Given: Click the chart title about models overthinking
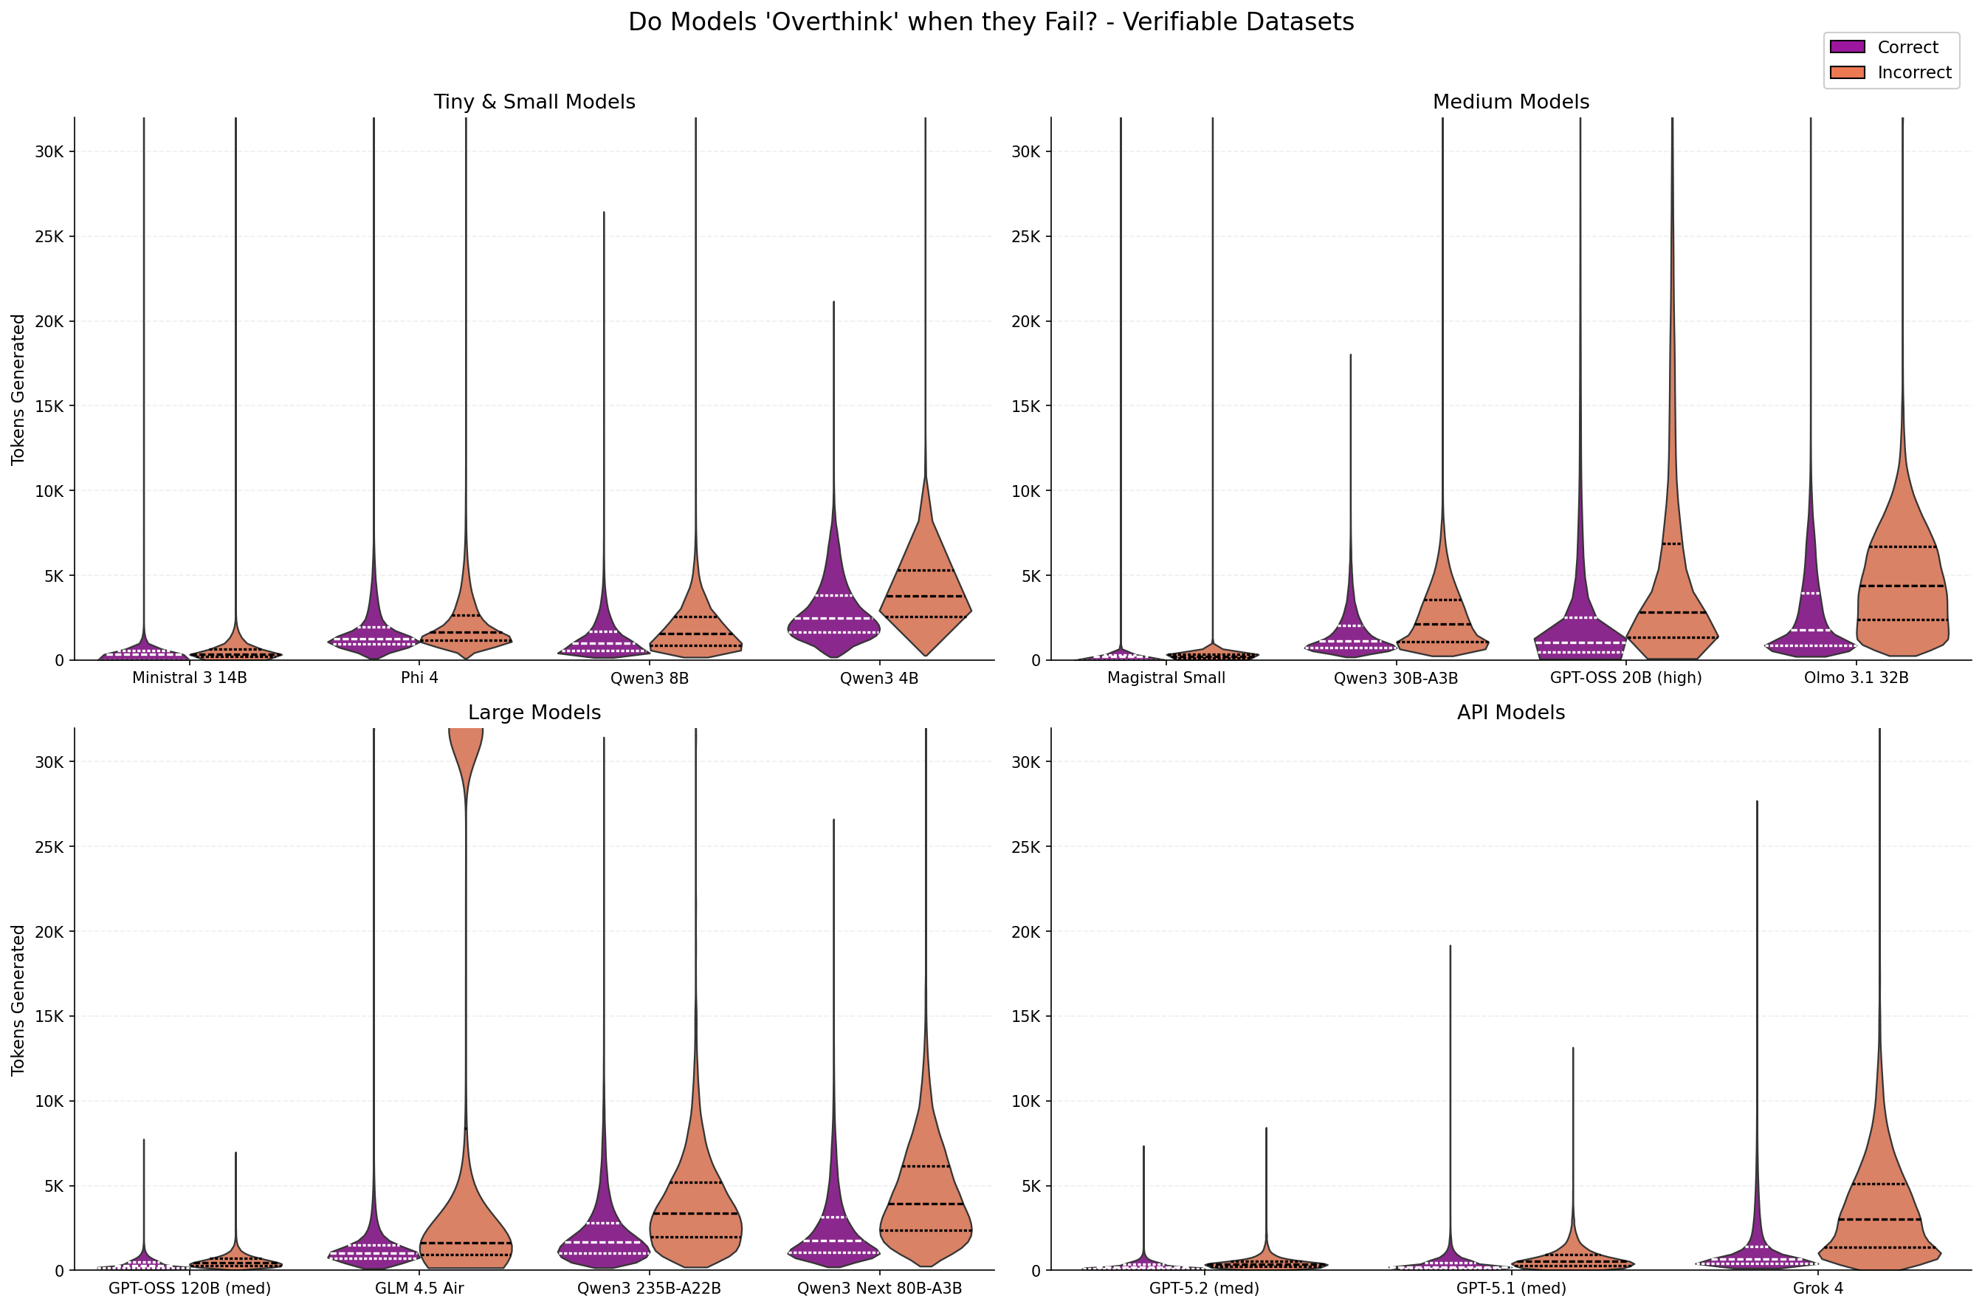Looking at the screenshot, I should coord(991,21).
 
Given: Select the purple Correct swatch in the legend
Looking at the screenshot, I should coord(1847,47).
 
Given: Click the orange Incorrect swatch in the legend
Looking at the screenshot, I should coord(1847,72).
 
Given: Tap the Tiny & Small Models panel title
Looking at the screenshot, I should coord(534,102).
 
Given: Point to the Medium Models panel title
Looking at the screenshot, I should coord(1510,102).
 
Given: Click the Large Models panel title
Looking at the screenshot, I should coord(534,713).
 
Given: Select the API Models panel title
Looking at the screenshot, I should coord(1510,713).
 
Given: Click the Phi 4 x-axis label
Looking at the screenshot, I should coord(419,678).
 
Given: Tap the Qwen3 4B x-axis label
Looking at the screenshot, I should coord(879,679).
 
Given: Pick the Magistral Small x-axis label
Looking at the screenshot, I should coord(1166,678).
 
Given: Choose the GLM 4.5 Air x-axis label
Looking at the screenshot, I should coord(419,1289).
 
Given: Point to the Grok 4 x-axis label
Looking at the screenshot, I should coord(1818,1289).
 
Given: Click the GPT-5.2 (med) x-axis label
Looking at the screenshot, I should coord(1204,1289).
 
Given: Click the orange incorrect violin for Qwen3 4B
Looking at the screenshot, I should coord(925,600).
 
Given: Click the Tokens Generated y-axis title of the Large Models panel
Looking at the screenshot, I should coord(18,1001).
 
